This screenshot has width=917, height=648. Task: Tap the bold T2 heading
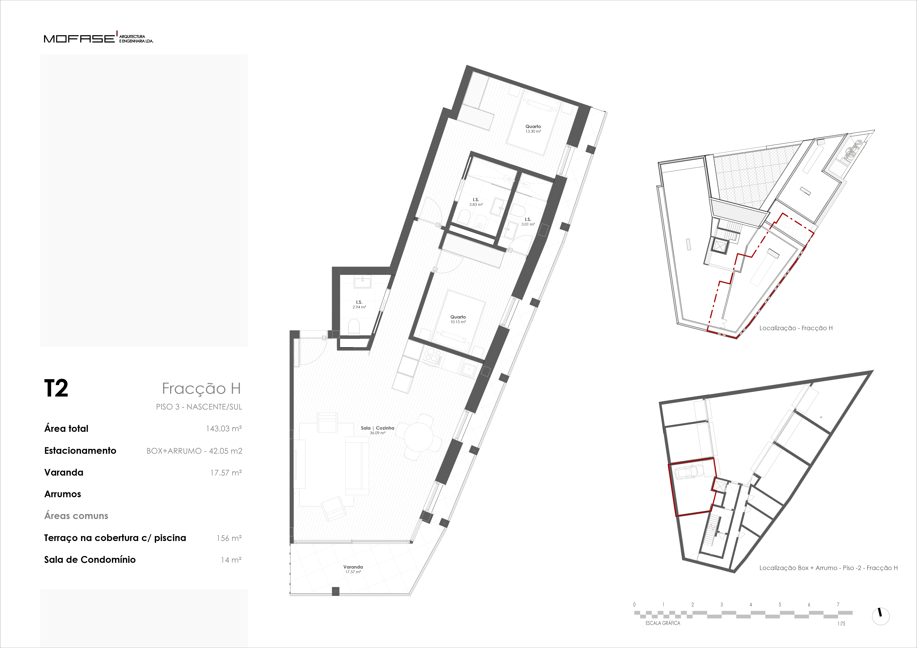coord(56,388)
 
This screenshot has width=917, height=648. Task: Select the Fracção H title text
coord(201,388)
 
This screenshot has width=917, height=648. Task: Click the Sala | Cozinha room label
coord(377,430)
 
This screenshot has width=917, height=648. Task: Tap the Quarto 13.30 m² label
coord(533,129)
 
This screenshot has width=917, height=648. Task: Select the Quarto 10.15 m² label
coord(458,319)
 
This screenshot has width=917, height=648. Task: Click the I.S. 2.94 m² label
coord(359,305)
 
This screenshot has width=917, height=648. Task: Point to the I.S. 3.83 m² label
coord(476,202)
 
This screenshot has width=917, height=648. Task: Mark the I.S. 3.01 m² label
coord(528,222)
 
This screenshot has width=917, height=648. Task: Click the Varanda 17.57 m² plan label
coord(353,569)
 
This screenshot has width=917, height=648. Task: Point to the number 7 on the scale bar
coord(838,604)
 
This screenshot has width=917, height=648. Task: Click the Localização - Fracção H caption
coord(796,328)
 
